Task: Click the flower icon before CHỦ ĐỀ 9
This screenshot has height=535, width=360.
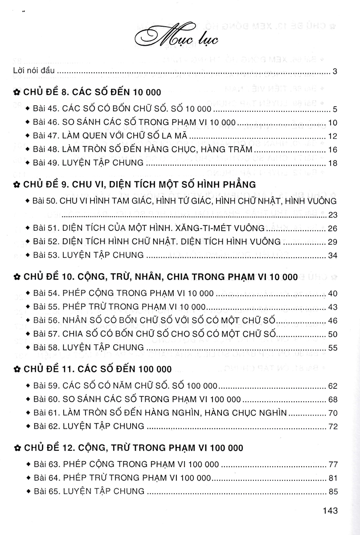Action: click(16, 184)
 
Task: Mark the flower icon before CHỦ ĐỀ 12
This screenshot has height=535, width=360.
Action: click(16, 448)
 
